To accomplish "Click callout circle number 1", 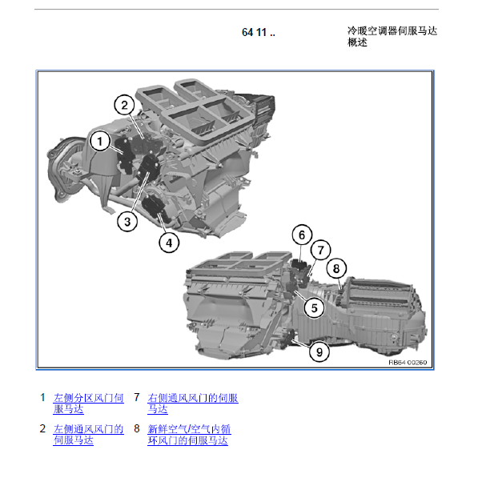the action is click(99, 142).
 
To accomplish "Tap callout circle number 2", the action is click(124, 105).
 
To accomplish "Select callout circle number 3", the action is click(127, 222).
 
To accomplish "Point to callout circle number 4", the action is click(169, 243).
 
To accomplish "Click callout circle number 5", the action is click(315, 308).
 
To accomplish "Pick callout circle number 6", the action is click(302, 235).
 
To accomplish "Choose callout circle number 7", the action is click(320, 250).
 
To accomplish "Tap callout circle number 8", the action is click(336, 268).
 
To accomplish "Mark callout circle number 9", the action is click(319, 351).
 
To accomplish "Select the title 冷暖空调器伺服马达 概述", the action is click(392, 36).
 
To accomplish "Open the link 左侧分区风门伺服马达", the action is click(88, 404).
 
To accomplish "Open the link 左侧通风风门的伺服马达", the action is click(88, 435).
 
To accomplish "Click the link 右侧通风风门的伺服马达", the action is click(193, 404).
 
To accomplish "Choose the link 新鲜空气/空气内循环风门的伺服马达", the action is click(189, 435).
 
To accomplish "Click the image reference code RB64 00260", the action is click(408, 363).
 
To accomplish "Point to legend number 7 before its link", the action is click(137, 397).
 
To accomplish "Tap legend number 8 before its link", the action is click(137, 428).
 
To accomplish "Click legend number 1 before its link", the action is click(42, 397).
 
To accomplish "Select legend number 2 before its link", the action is click(42, 428).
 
